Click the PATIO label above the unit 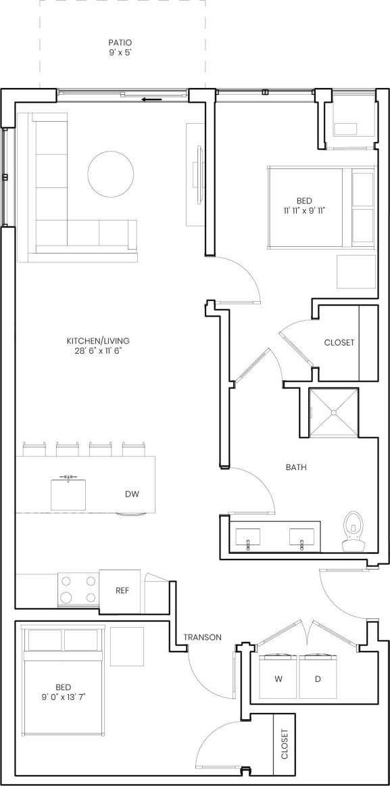coord(120,43)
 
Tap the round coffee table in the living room coord(111,174)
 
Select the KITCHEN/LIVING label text coord(98,340)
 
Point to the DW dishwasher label coord(132,494)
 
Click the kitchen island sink coord(68,494)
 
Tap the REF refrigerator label coord(122,591)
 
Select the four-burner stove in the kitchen coord(78,588)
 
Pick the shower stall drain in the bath coord(333,412)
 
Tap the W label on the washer coord(278,678)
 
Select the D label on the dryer coord(318,678)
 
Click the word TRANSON coord(202,637)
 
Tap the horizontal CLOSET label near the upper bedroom coord(339,342)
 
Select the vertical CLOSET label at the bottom coord(284,744)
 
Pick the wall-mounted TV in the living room coord(198,174)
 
